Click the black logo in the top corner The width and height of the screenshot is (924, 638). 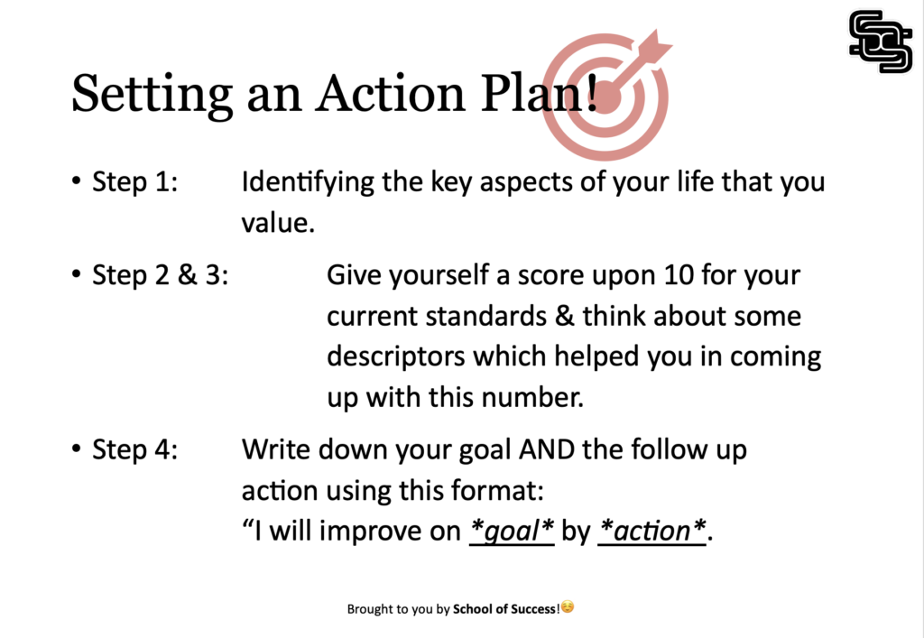[x=881, y=42]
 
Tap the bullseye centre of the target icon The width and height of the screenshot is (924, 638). [x=607, y=97]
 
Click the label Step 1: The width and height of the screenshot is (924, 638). [x=135, y=181]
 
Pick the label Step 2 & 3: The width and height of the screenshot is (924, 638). [x=161, y=275]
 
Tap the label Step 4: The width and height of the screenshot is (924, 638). [x=135, y=449]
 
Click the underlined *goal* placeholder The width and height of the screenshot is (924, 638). [x=512, y=532]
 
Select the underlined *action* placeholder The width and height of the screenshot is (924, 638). [x=651, y=532]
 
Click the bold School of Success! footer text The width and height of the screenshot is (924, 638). [x=506, y=609]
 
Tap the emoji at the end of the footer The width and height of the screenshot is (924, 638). [x=568, y=607]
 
